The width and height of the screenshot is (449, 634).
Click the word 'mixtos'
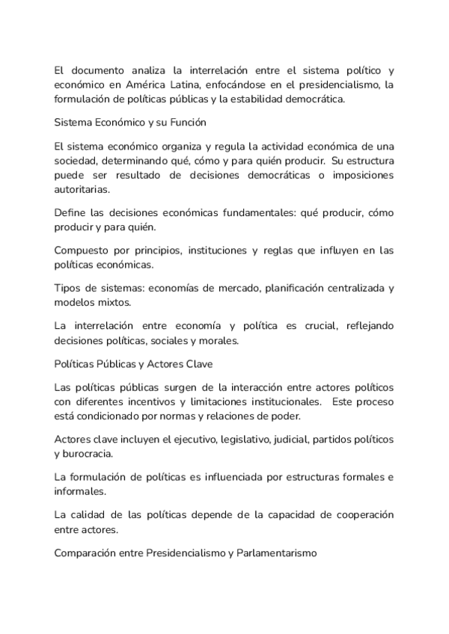click(x=114, y=302)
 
